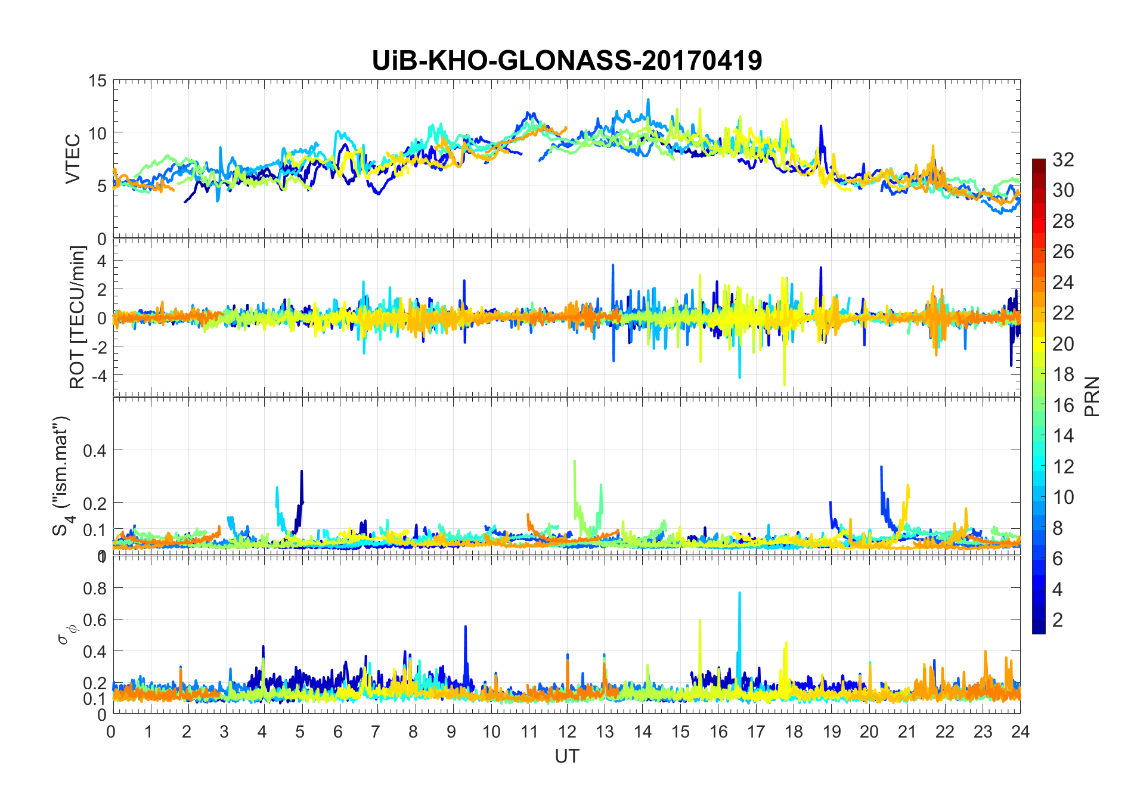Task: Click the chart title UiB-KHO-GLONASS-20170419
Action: coord(566,61)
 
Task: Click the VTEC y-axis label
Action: coord(73,159)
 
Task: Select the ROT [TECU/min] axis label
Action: coord(78,317)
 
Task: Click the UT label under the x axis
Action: coord(566,757)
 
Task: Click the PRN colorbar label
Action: coord(1092,396)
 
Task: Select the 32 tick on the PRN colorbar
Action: coord(1063,160)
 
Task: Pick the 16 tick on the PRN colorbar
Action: coord(1063,405)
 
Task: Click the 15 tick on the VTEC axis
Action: coord(97,81)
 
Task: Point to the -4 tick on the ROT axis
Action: coord(97,376)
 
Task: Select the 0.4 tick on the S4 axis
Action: coord(94,451)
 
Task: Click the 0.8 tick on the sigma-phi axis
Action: coord(94,588)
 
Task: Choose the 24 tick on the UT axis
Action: coord(1020,732)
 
